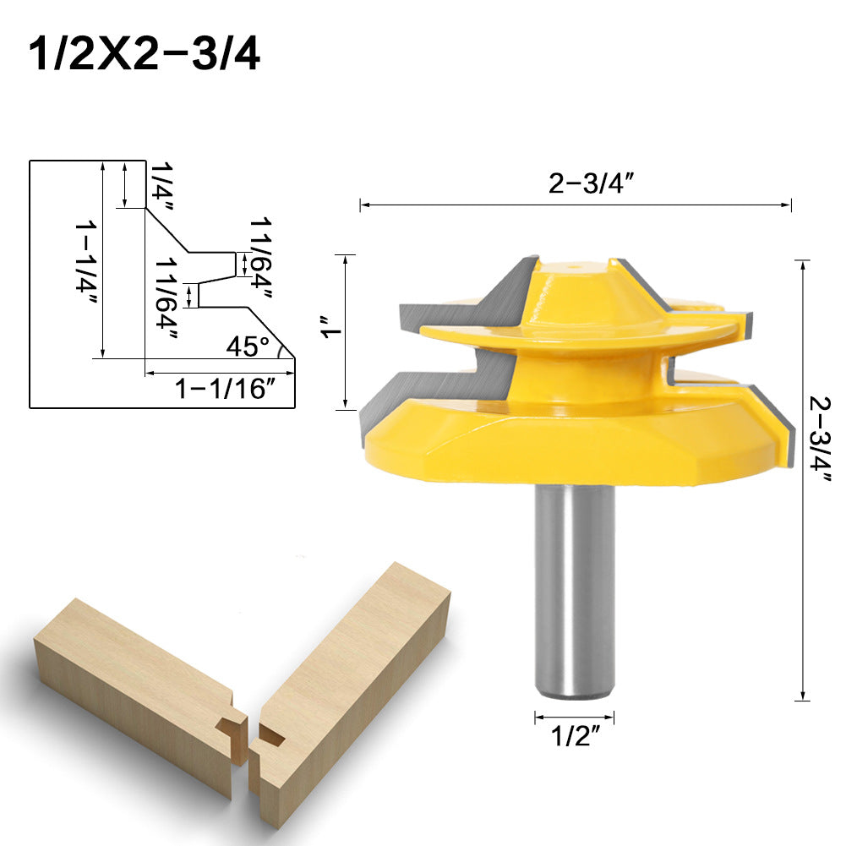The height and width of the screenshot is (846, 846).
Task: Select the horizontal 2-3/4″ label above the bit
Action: click(x=591, y=183)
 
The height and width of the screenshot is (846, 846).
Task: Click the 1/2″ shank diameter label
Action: click(x=574, y=737)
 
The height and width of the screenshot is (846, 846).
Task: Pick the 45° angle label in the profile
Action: click(x=247, y=347)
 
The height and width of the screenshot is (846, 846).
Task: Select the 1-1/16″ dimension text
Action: click(x=225, y=390)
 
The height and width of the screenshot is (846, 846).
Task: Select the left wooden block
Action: click(x=135, y=693)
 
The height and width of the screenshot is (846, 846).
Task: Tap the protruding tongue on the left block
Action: click(x=228, y=726)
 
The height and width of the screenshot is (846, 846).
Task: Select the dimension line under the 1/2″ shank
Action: click(x=574, y=718)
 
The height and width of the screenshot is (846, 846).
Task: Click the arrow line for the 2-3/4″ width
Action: click(x=575, y=205)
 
